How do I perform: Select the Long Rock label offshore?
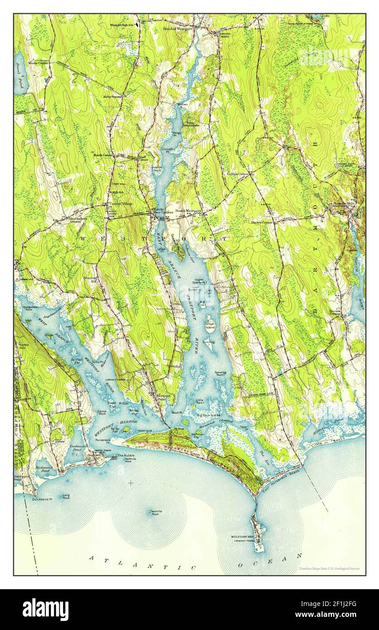(66, 497)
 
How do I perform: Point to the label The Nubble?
(126, 455)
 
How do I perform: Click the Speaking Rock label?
(221, 373)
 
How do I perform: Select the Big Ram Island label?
(209, 415)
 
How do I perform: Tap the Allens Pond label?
(323, 432)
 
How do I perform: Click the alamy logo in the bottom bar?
(45, 609)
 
